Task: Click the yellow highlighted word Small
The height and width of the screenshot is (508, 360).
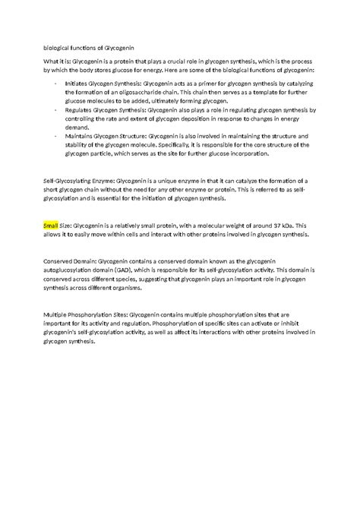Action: (51, 226)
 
